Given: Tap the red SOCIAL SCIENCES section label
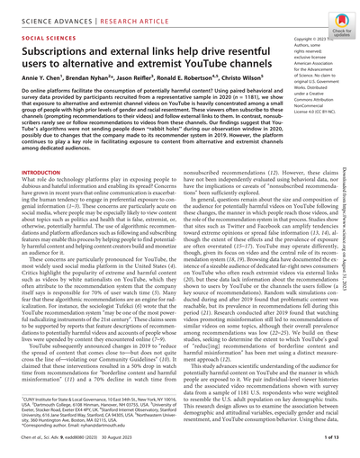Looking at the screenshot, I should tap(34, 40).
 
